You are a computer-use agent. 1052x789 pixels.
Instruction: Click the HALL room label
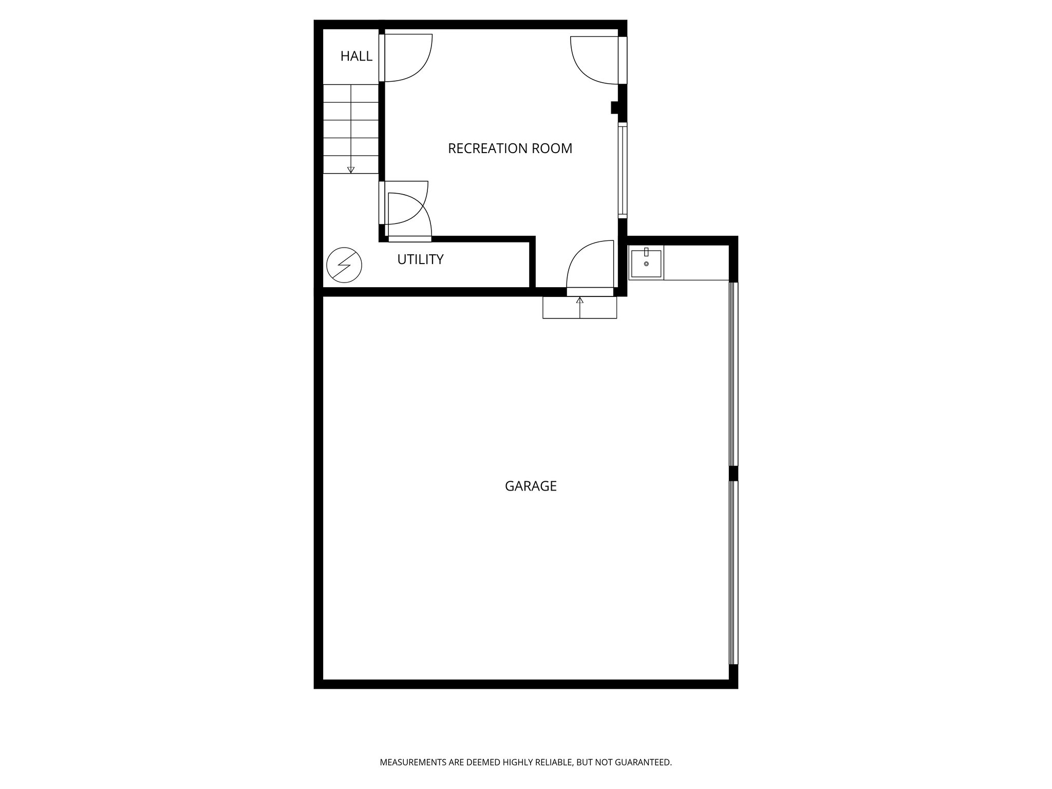[356, 57]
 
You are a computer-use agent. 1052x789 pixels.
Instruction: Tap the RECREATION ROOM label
[510, 148]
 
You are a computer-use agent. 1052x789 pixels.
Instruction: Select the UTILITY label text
[420, 259]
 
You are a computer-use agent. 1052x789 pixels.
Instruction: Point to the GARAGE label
[531, 486]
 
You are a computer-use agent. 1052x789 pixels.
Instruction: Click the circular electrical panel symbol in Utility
[344, 265]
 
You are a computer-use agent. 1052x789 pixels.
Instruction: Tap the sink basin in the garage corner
[646, 263]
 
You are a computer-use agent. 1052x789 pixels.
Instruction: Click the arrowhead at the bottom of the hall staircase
[351, 170]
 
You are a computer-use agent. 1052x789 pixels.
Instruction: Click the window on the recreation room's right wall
[622, 170]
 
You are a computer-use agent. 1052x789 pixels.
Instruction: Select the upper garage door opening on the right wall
[734, 374]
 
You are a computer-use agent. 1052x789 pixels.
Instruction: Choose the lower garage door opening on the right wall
[734, 572]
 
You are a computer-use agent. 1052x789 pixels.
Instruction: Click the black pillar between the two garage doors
[734, 473]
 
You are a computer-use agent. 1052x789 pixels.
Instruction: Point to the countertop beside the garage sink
[696, 262]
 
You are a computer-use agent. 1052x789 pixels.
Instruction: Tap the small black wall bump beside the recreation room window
[614, 108]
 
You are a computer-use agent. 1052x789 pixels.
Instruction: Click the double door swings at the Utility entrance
[408, 211]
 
